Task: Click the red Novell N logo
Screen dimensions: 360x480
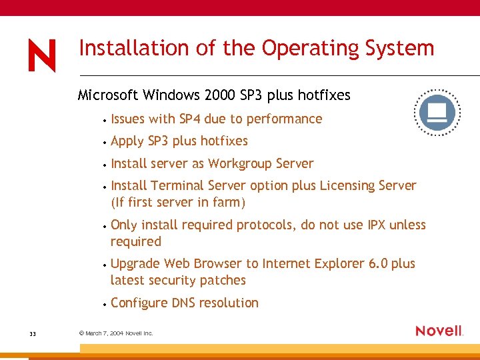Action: point(41,55)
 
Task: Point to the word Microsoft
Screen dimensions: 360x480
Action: point(109,95)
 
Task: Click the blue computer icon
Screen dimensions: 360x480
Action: point(437,113)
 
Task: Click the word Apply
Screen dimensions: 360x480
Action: point(127,141)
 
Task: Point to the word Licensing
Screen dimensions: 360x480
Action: point(346,186)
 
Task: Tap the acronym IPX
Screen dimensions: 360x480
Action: point(376,225)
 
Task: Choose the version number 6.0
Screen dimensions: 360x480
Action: point(377,264)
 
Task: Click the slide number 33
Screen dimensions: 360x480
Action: point(33,333)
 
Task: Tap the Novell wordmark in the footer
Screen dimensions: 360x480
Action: point(439,331)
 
